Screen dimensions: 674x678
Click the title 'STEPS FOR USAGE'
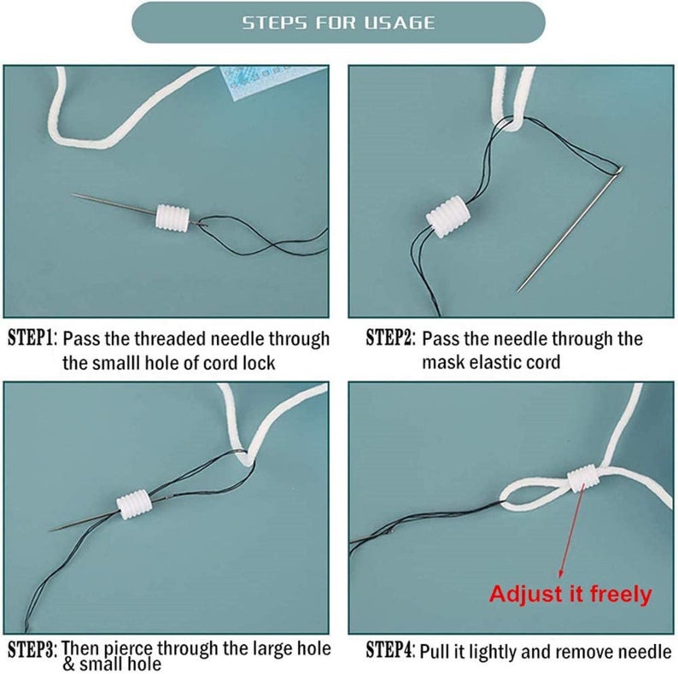pyautogui.click(x=338, y=23)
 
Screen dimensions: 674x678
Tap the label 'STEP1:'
pyautogui.click(x=32, y=338)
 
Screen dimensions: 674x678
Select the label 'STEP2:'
pyautogui.click(x=390, y=338)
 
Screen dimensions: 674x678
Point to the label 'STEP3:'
pyautogui.click(x=32, y=649)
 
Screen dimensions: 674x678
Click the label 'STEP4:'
pyautogui.click(x=390, y=651)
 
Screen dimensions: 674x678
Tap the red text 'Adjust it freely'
pyautogui.click(x=570, y=594)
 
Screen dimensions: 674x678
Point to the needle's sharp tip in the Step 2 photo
pyautogui.click(x=520, y=291)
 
